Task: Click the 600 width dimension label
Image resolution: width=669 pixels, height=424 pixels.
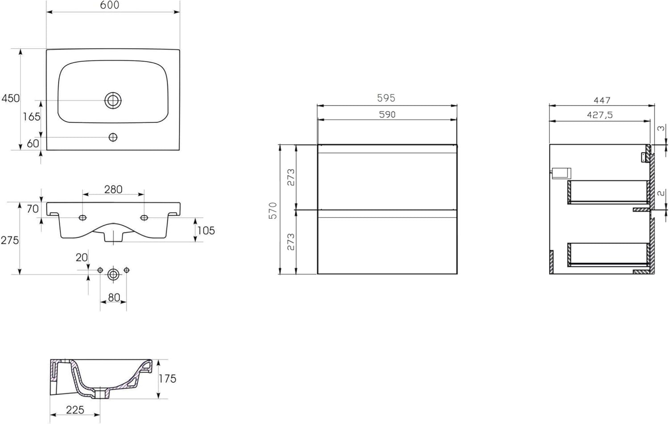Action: (110, 5)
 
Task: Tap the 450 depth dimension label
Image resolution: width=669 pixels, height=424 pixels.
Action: (10, 98)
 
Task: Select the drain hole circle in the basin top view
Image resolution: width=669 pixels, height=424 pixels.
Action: (113, 100)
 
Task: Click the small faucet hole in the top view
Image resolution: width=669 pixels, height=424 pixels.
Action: (113, 137)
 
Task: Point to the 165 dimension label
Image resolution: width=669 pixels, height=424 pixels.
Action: (31, 117)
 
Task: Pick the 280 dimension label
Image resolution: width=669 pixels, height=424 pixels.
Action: (113, 189)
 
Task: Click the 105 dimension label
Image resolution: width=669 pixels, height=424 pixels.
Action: (206, 231)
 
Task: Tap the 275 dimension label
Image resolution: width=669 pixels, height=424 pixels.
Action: (9, 240)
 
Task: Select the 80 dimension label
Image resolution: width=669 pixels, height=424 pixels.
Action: (114, 297)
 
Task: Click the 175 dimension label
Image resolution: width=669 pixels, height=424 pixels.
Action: (167, 379)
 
